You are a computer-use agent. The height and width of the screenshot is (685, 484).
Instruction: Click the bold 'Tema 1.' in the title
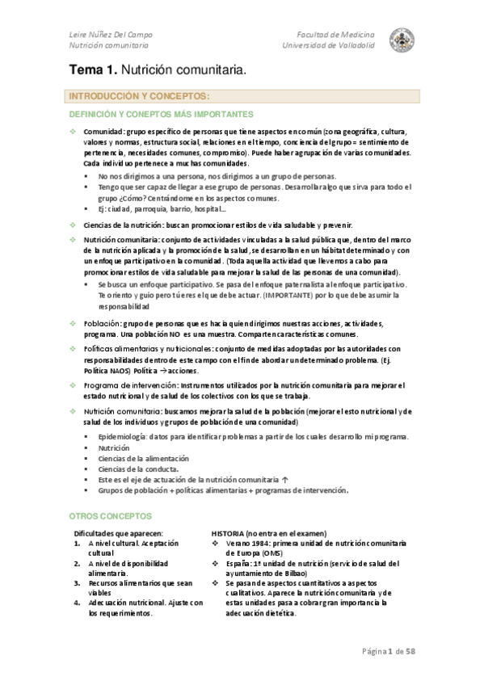(93, 73)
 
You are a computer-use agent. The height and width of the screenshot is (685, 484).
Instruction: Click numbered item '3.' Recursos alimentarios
(77, 582)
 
